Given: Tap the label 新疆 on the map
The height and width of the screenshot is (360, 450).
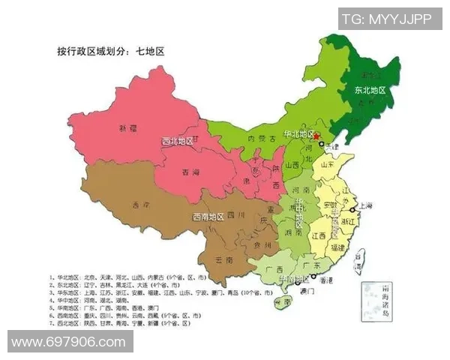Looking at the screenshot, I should click(x=129, y=128).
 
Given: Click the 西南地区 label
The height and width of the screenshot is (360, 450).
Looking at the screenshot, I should click(x=208, y=217).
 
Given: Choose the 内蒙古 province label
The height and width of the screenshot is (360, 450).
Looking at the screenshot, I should click(x=263, y=139).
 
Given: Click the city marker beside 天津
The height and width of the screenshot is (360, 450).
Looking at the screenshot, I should click(x=322, y=144).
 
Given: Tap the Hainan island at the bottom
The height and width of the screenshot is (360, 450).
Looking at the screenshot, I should click(x=282, y=304).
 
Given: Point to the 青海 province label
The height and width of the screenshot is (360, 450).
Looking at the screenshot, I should click(x=191, y=172).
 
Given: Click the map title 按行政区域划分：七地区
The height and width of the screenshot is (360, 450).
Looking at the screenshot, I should click(x=110, y=52).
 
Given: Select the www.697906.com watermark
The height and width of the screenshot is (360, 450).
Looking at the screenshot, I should click(x=69, y=342).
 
